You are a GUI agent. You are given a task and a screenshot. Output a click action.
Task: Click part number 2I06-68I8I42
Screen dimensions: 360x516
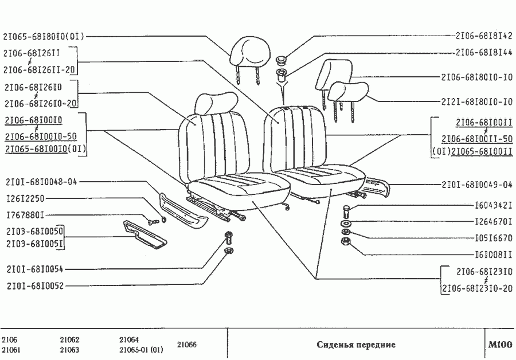[483, 35]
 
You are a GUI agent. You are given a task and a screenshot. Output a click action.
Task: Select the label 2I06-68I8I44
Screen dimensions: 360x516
[483, 52]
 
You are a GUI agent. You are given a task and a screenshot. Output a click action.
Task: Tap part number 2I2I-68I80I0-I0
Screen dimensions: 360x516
[476, 101]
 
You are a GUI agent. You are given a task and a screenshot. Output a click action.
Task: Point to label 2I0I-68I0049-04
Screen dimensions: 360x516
[476, 185]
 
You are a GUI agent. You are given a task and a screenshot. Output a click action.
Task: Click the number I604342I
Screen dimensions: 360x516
[494, 205]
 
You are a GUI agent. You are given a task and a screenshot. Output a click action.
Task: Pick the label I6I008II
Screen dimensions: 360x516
[494, 253]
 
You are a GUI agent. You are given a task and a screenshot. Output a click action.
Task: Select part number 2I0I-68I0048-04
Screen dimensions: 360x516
[41, 182]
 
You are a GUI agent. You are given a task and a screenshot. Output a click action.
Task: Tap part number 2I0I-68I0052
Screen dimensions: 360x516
[35, 285]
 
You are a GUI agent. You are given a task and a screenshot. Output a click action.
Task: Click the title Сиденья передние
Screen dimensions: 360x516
[356, 345]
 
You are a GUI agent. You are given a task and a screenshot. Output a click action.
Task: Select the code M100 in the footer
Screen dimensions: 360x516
[500, 345]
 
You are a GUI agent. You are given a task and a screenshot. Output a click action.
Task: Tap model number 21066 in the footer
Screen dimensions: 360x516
[186, 345]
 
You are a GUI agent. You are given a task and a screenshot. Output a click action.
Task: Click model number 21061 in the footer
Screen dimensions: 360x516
[12, 350]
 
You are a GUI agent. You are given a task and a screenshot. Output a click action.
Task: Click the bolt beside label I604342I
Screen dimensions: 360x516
[347, 210]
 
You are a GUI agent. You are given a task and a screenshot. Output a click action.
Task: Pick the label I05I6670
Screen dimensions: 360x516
[494, 237]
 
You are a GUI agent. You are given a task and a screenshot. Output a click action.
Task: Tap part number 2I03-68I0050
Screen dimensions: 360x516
[35, 232]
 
